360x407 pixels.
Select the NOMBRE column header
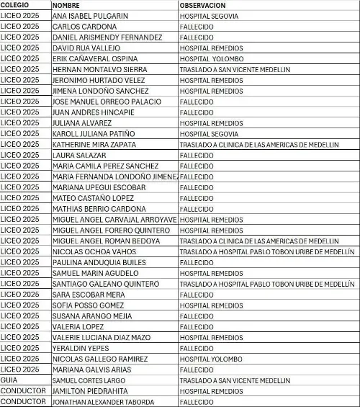tap(66, 5)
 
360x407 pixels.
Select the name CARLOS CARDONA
tap(84, 27)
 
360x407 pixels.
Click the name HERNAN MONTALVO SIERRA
tap(99, 69)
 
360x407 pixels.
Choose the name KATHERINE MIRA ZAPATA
tap(100, 144)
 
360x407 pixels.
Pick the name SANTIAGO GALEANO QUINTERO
tap(106, 284)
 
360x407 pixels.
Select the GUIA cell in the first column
tap(9, 380)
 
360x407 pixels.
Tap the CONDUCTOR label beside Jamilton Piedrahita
tap(23, 390)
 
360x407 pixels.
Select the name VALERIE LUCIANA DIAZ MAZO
tap(102, 337)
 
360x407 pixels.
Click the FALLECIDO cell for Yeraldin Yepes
tap(197, 348)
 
